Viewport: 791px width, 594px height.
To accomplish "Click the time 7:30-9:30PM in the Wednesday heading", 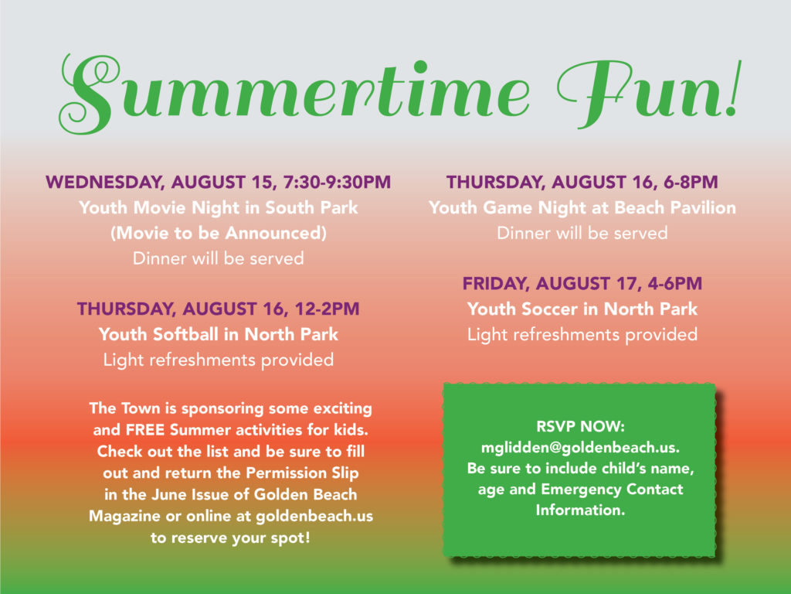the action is click(337, 182).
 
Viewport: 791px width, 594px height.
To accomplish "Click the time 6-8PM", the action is click(691, 182).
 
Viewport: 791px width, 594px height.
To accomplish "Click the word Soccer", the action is click(549, 309).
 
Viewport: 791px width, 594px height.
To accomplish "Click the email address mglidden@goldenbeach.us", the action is click(580, 448).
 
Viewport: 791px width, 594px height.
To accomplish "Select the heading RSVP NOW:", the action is click(580, 426).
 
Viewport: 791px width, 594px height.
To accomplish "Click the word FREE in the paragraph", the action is click(145, 430).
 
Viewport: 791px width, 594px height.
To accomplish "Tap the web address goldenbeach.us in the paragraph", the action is click(314, 516).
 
